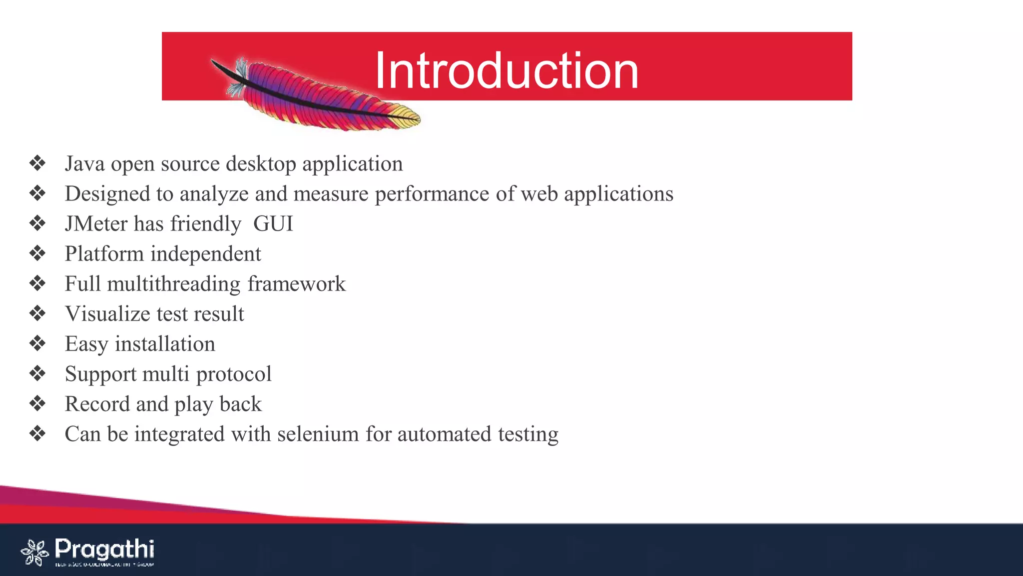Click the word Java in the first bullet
coord(84,164)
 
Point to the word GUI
coord(273,224)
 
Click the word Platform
coord(104,254)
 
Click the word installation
coord(165,344)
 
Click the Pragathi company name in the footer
coord(104,549)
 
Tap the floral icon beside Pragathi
coord(34,552)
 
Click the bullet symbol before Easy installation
coord(37,343)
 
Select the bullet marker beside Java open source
coord(37,163)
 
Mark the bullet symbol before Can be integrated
coord(37,433)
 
